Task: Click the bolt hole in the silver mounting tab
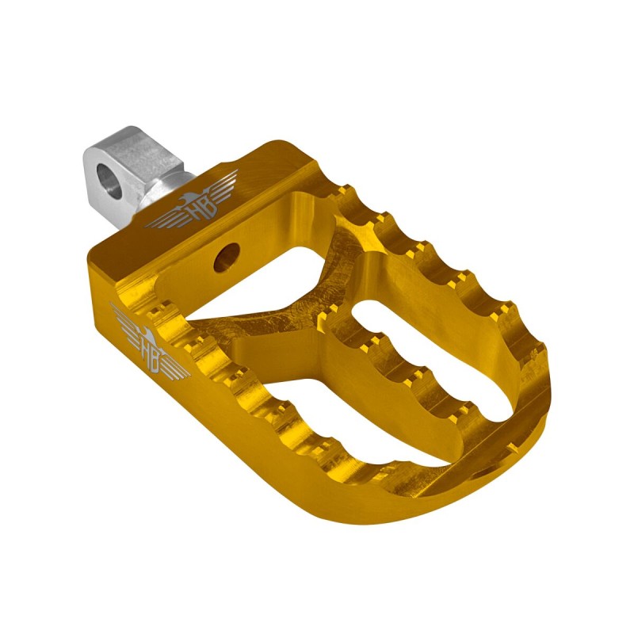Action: coord(109,182)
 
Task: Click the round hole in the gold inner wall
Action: coord(227,257)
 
